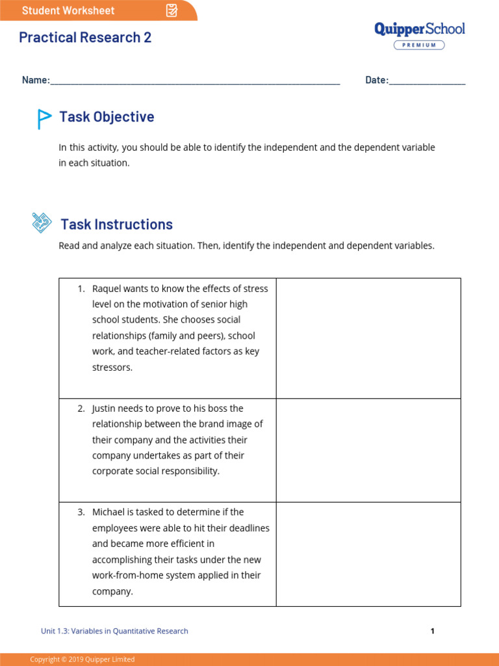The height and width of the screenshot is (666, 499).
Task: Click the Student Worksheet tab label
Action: pyautogui.click(x=68, y=10)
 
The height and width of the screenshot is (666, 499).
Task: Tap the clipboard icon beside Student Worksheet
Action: pyautogui.click(x=172, y=10)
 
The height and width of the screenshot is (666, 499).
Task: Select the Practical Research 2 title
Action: pyautogui.click(x=85, y=38)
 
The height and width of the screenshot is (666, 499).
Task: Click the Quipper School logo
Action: pyautogui.click(x=419, y=29)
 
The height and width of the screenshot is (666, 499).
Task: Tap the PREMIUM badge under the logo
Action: pyautogui.click(x=419, y=45)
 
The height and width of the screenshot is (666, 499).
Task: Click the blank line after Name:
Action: pyautogui.click(x=195, y=81)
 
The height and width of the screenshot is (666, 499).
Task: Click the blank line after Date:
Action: pyautogui.click(x=427, y=81)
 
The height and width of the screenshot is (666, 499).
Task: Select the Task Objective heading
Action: pyautogui.click(x=107, y=117)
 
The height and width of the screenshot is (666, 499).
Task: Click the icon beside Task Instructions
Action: pyautogui.click(x=42, y=223)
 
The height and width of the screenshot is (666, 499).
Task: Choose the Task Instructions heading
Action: pyautogui.click(x=116, y=224)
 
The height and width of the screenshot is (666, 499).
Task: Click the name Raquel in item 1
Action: pyautogui.click(x=107, y=289)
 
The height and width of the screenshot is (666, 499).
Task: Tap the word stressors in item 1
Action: pyautogui.click(x=112, y=367)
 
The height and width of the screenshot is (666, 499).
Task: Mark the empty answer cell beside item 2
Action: pyautogui.click(x=368, y=450)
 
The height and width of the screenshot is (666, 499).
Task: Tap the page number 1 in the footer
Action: pyautogui.click(x=432, y=631)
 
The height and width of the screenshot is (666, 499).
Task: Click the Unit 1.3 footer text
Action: pyautogui.click(x=114, y=631)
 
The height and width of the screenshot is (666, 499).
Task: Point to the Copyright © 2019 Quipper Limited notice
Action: pyautogui.click(x=83, y=659)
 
